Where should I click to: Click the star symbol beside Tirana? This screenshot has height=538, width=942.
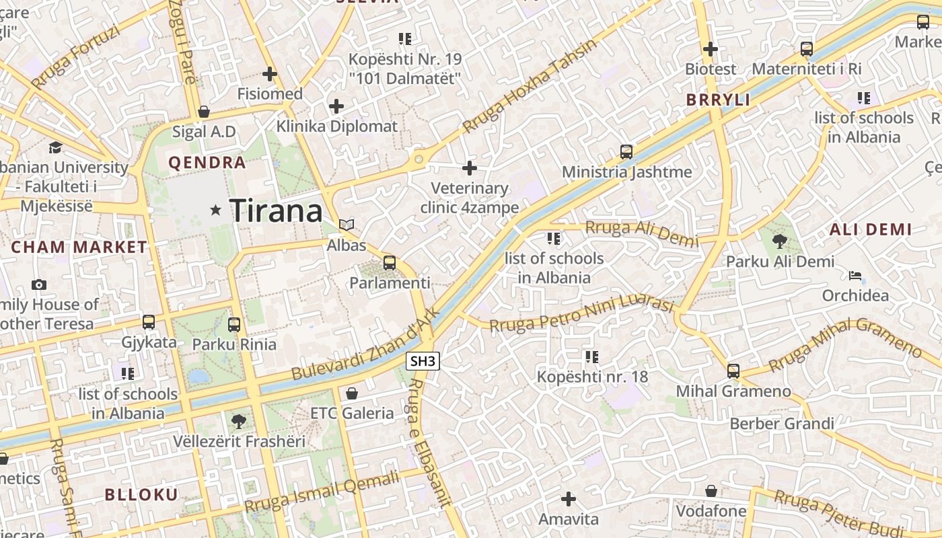(215, 210)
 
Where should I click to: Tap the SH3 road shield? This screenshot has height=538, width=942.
(423, 361)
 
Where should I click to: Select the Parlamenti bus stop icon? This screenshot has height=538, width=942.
(389, 263)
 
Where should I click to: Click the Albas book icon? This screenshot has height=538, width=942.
(347, 225)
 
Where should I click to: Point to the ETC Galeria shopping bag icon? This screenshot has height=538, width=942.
(351, 393)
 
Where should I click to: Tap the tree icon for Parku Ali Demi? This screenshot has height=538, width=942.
(780, 241)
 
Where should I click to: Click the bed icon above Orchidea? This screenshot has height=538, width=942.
(855, 275)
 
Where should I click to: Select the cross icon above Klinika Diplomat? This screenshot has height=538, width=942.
(336, 106)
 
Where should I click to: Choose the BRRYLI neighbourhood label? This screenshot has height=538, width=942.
(718, 100)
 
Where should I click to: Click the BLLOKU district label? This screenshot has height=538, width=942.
(141, 495)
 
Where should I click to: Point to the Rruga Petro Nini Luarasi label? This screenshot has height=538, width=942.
(581, 314)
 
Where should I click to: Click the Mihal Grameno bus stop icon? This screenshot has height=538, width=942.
(733, 371)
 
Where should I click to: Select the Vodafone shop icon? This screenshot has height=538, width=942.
(711, 491)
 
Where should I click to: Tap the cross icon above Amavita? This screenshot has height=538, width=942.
(569, 499)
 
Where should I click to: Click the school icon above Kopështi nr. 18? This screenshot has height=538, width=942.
(592, 356)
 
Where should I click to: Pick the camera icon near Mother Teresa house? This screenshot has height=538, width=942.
(39, 284)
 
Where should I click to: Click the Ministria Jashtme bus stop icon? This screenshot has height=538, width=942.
(626, 152)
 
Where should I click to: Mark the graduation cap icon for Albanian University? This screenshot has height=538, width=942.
(55, 147)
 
